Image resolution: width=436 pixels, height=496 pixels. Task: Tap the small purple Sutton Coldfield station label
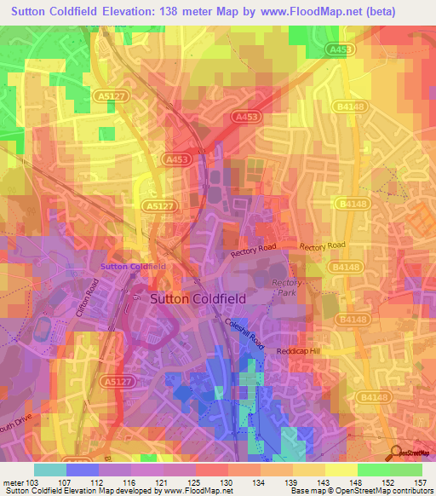point(133,267)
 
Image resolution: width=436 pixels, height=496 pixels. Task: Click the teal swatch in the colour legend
point(50,470)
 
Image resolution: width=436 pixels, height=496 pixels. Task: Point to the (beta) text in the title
point(407,13)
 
